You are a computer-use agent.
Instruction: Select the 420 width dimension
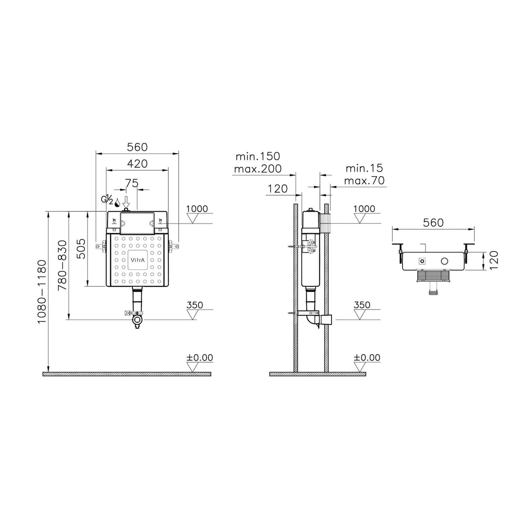pyautogui.click(x=137, y=164)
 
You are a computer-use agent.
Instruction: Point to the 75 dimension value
pyautogui.click(x=132, y=184)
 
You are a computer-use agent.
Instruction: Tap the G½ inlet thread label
pyautogui.click(x=107, y=200)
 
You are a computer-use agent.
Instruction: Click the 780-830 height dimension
pyautogui.click(x=62, y=265)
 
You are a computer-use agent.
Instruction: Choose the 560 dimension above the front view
pyautogui.click(x=137, y=147)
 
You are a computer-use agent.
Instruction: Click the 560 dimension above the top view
pyautogui.click(x=433, y=223)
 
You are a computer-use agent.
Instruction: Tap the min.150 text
pyautogui.click(x=258, y=157)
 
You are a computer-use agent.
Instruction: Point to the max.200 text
pyautogui.click(x=258, y=169)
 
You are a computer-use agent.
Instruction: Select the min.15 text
pyautogui.click(x=364, y=168)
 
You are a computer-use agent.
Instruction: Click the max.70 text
pyautogui.click(x=364, y=180)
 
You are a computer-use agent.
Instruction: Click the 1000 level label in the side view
pyautogui.click(x=364, y=209)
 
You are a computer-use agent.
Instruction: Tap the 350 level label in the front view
pyautogui.click(x=195, y=305)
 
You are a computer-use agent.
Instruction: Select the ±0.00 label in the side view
pyautogui.click(x=367, y=358)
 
